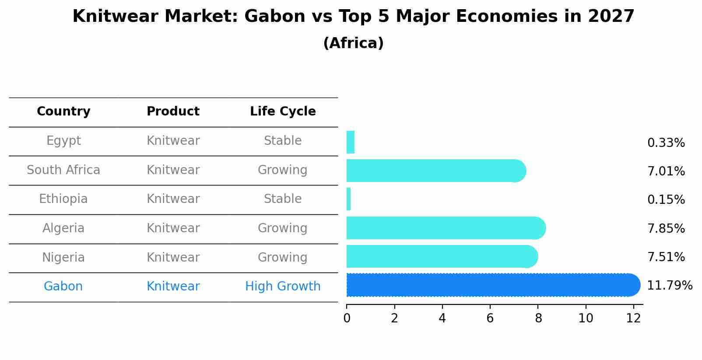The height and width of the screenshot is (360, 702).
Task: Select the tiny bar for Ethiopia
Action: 349,199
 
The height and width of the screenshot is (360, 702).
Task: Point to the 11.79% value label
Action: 669,286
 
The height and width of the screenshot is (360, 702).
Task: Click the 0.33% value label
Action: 666,143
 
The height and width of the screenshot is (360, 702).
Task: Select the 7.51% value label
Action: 666,257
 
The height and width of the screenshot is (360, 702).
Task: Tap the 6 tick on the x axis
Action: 490,318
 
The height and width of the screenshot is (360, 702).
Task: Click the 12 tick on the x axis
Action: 633,318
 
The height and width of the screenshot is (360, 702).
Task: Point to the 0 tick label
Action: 347,318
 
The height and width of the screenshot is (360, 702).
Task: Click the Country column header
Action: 63,112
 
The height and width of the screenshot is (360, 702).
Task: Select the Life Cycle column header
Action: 283,112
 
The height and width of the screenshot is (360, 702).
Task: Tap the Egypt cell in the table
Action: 63,141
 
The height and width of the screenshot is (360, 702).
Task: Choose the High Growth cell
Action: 283,287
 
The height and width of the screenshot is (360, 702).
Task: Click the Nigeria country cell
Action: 63,257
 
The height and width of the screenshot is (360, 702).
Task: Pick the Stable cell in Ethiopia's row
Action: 283,199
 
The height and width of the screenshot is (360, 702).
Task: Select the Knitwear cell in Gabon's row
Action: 173,287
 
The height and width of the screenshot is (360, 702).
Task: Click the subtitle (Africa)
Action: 353,43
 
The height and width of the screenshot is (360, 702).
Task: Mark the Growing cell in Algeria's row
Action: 283,228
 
